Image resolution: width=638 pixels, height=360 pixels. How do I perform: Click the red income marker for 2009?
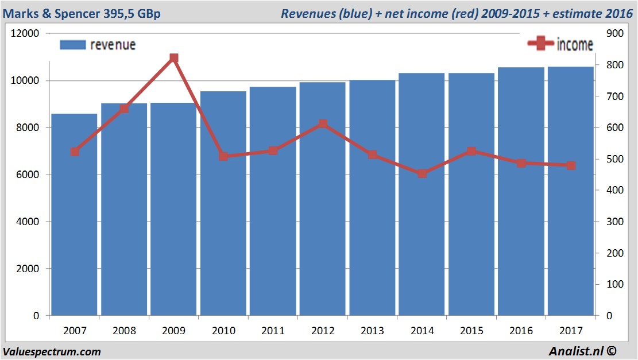click(174, 58)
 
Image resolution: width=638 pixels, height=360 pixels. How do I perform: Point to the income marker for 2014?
click(422, 173)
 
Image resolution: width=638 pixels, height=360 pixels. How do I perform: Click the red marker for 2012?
click(323, 124)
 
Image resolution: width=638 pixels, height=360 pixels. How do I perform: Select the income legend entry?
click(560, 44)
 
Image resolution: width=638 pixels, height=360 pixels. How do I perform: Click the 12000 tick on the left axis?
click(25, 33)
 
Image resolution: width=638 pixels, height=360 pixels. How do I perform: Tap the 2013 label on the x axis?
click(372, 331)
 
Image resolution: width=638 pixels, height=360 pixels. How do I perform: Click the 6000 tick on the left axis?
click(28, 175)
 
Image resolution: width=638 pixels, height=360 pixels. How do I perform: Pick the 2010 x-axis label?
click(223, 331)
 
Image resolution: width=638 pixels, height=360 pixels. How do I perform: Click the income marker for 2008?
click(124, 108)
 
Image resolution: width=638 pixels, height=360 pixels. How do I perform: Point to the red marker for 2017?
click(571, 165)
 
